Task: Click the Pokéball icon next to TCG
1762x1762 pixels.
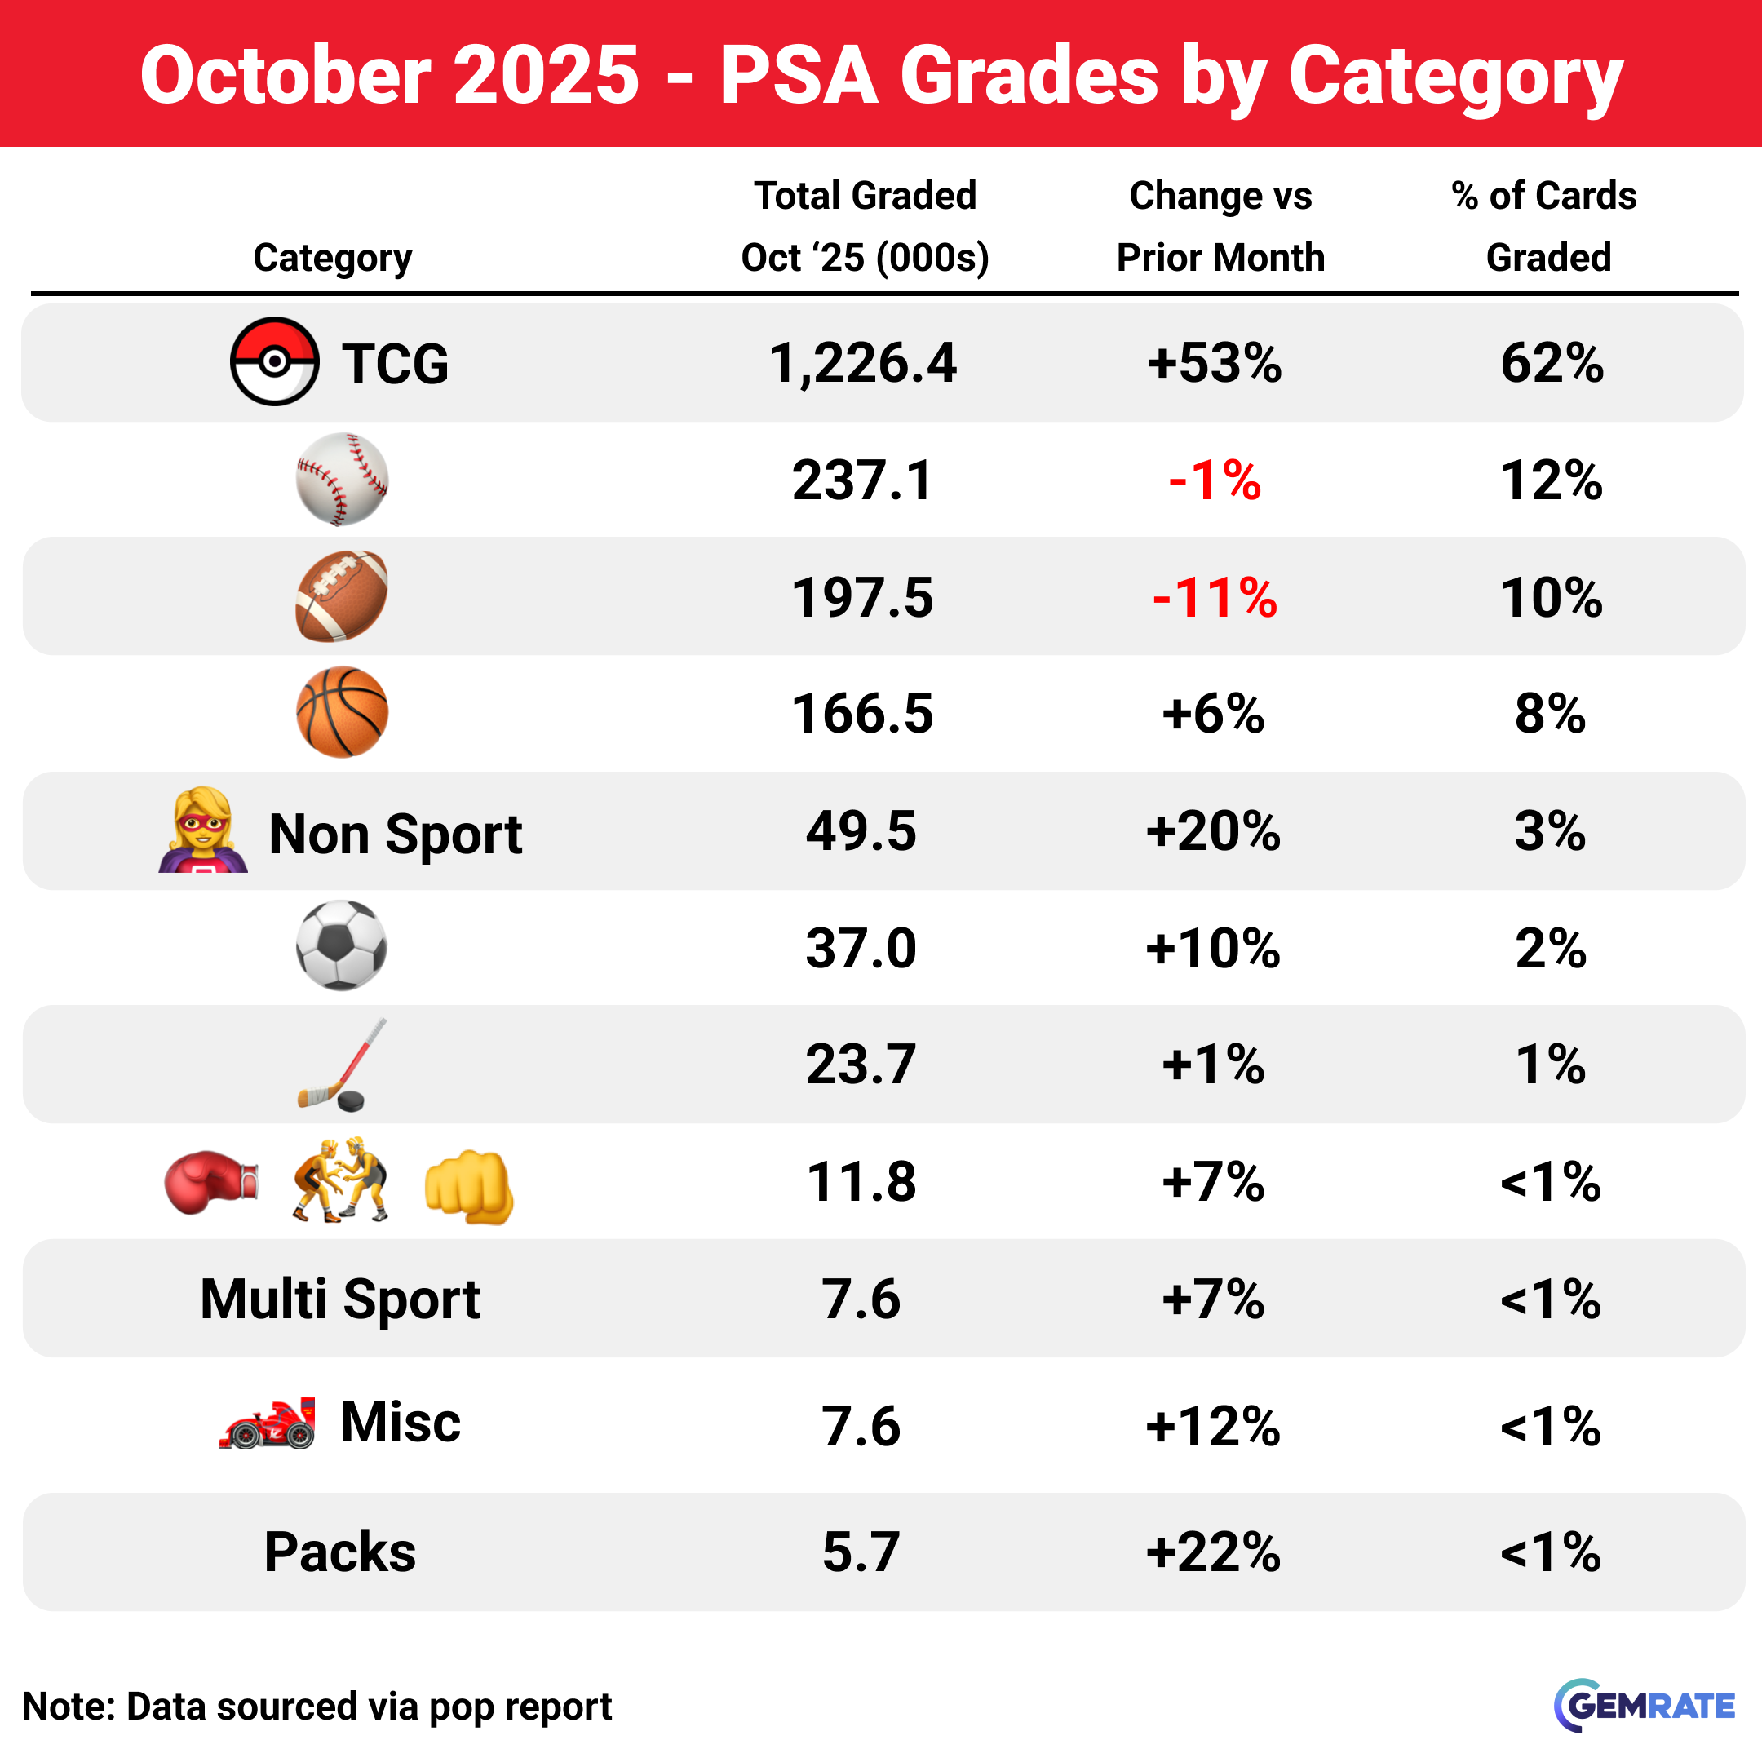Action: [x=273, y=361]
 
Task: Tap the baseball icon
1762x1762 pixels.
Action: [x=342, y=479]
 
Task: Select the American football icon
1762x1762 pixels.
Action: [x=342, y=595]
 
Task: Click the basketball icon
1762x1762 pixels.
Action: [x=342, y=712]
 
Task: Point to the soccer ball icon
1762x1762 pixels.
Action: [x=342, y=945]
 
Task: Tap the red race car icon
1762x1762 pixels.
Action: [x=268, y=1423]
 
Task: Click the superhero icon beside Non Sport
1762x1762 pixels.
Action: [x=203, y=830]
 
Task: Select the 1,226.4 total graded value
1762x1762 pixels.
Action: [x=863, y=363]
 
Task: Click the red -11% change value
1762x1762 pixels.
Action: [x=1214, y=597]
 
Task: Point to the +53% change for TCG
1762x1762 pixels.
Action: [x=1214, y=363]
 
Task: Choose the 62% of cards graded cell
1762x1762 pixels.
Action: [x=1552, y=363]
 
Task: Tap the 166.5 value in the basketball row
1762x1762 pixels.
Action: [x=863, y=713]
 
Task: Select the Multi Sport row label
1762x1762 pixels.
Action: [x=339, y=1299]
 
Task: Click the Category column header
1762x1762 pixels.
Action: [x=332, y=258]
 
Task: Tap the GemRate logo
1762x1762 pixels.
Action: [x=1645, y=1706]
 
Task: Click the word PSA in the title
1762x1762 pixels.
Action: [x=798, y=75]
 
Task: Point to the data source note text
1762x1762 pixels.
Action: [x=317, y=1707]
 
